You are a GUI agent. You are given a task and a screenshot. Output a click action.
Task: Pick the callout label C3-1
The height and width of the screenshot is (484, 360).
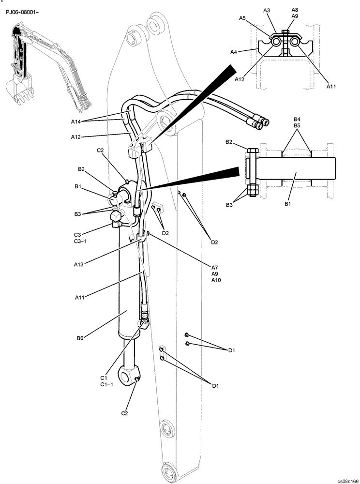80,242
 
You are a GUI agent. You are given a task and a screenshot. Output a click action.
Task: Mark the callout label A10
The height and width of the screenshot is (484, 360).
216,280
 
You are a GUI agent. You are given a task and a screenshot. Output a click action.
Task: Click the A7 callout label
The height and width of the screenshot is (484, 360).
215,267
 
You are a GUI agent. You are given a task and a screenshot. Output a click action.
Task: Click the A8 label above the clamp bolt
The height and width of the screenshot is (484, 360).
295,9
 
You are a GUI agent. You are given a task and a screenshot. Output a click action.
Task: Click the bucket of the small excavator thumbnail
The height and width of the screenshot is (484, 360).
17,89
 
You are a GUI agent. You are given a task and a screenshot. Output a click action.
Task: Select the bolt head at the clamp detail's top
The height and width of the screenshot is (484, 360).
285,33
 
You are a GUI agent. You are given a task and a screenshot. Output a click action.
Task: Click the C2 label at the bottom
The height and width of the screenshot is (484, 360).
125,413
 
